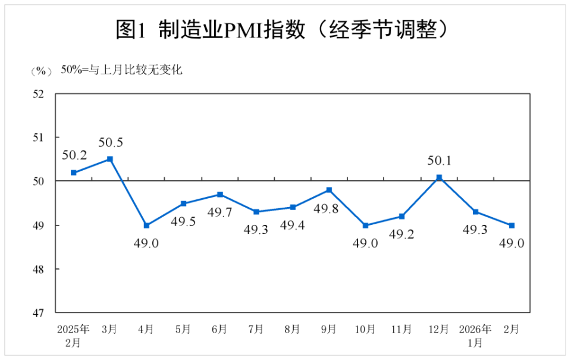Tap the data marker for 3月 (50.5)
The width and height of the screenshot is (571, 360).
[x=110, y=159]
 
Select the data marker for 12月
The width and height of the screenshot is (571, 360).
[x=439, y=177]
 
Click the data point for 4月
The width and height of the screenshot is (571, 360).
[x=146, y=226]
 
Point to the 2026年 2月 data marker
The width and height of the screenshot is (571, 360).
[x=512, y=226]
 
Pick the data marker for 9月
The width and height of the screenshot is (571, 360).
[x=329, y=190]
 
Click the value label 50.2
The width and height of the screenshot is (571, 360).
[x=74, y=156]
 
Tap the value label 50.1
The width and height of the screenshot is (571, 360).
[x=440, y=161]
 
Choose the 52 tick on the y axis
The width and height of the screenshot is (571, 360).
[x=39, y=93]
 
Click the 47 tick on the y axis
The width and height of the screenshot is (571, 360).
[x=39, y=312]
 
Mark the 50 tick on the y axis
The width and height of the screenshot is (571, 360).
[x=39, y=181]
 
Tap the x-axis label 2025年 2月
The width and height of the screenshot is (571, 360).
[x=73, y=335]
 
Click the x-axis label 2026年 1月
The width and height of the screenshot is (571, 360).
[x=475, y=335]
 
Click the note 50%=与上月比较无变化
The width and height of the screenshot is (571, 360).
[x=121, y=70]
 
